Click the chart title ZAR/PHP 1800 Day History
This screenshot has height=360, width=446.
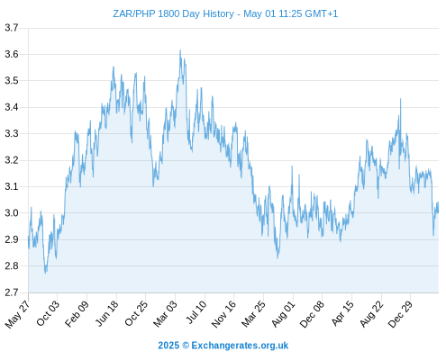click(x=173, y=13)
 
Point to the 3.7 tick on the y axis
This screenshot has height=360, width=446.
click(x=12, y=28)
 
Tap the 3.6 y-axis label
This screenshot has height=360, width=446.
click(x=12, y=54)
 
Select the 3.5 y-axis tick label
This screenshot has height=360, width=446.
click(x=12, y=81)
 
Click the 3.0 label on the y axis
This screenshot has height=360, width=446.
click(x=12, y=213)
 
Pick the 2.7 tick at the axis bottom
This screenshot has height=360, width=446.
click(x=12, y=292)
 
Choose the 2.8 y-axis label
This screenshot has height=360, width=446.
click(x=12, y=265)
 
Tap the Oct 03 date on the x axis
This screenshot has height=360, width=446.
click(x=48, y=313)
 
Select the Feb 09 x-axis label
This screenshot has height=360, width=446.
click(x=77, y=313)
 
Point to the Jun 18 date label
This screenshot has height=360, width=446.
click(x=107, y=313)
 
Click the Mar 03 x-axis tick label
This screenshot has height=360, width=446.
click(x=166, y=313)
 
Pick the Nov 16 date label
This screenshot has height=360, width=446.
click(x=223, y=313)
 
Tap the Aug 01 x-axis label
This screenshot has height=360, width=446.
click(x=284, y=313)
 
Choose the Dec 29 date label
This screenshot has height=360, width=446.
click(x=400, y=313)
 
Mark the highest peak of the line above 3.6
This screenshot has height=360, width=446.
click(x=180, y=50)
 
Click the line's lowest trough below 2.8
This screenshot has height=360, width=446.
click(x=46, y=273)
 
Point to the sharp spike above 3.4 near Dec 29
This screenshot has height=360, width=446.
click(x=400, y=99)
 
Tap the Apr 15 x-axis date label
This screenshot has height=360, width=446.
click(x=342, y=313)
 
